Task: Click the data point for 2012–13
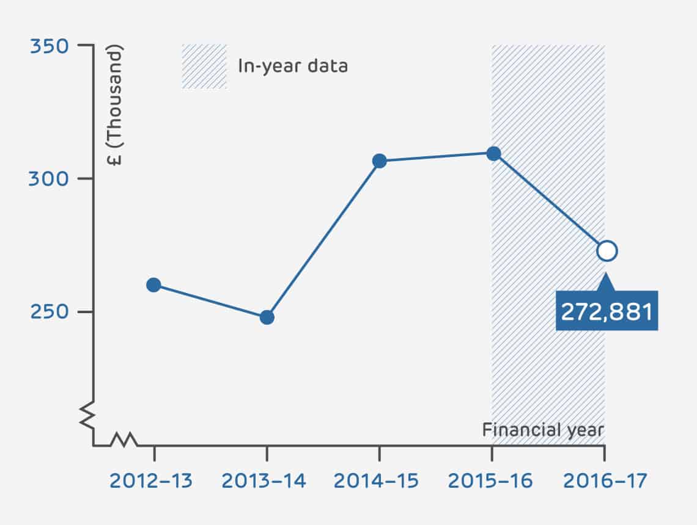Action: tap(153, 285)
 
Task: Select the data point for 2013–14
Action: tap(267, 317)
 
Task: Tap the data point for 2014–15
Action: tap(380, 161)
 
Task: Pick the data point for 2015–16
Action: tap(493, 153)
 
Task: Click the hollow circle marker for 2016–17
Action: tap(607, 251)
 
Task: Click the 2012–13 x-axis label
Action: tap(151, 481)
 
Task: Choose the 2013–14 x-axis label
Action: tap(264, 481)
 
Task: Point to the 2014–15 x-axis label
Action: tap(377, 481)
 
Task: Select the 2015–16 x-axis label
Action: tap(490, 481)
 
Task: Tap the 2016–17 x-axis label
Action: tap(604, 481)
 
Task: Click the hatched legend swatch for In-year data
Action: tap(204, 67)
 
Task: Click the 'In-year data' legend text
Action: tap(292, 66)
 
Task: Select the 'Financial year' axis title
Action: tap(543, 430)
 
